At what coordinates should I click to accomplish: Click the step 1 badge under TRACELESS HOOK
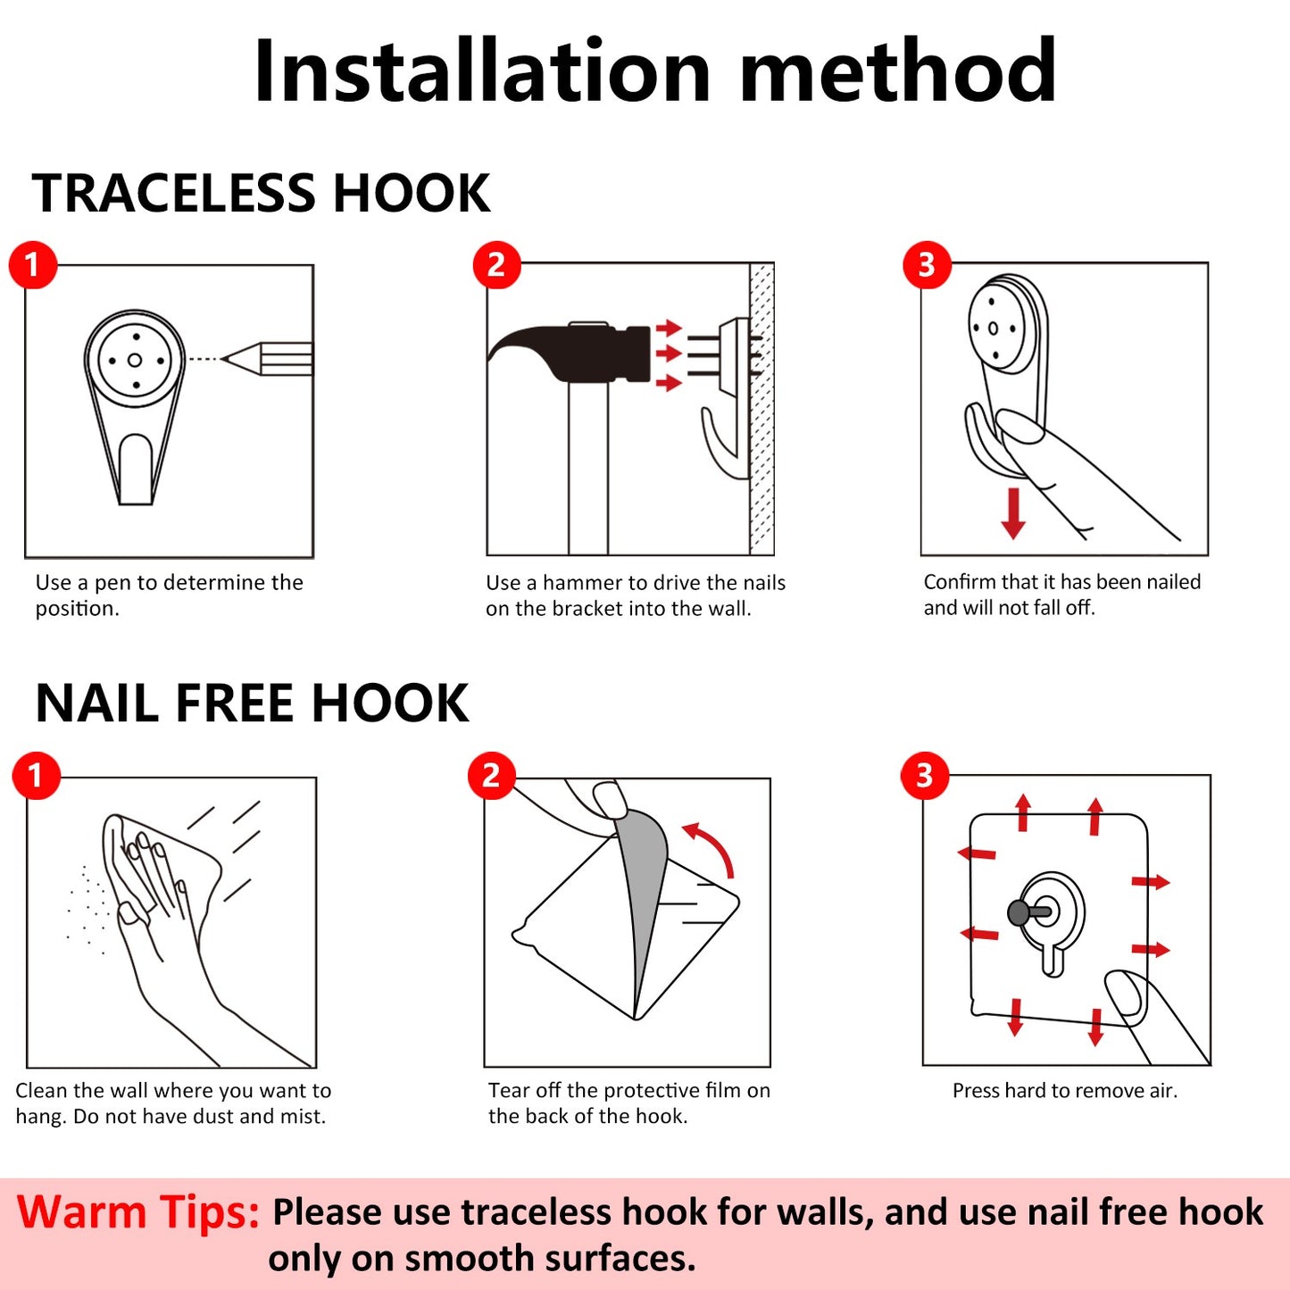33,265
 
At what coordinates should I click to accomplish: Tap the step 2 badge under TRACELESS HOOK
496,265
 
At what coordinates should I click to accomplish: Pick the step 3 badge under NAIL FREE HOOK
925,776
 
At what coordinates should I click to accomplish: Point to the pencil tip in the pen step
223,359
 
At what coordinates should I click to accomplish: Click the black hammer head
569,353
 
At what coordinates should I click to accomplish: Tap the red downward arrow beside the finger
1013,513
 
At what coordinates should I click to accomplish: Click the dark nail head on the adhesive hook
1019,912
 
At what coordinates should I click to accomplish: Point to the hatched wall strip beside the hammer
762,409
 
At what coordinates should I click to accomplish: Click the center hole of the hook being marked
135,361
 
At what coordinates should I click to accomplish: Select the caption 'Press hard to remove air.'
1064,1091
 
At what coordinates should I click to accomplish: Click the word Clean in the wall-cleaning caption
42,1091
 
